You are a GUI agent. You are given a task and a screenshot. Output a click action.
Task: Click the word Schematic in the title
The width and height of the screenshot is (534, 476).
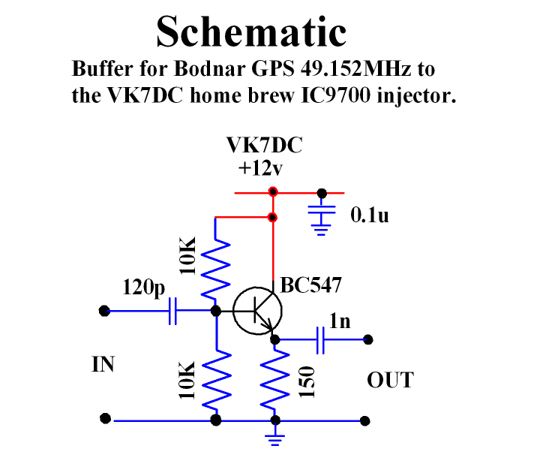[251, 32]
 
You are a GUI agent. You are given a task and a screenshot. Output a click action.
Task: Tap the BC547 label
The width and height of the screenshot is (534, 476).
[311, 285]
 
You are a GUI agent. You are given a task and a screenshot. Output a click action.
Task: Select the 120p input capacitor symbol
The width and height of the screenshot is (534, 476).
[173, 310]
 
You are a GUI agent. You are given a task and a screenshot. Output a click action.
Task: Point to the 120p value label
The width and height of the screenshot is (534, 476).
[144, 288]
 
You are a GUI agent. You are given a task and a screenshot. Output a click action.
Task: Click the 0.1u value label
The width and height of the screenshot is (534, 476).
[370, 217]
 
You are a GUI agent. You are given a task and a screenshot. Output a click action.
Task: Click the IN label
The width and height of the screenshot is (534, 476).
[103, 365]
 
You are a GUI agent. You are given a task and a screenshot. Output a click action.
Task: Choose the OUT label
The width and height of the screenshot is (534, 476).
[389, 380]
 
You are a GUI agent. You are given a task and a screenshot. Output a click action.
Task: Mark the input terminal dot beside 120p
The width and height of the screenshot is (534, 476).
[104, 310]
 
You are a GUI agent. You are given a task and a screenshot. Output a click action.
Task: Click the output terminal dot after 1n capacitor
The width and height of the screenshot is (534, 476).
[367, 339]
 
